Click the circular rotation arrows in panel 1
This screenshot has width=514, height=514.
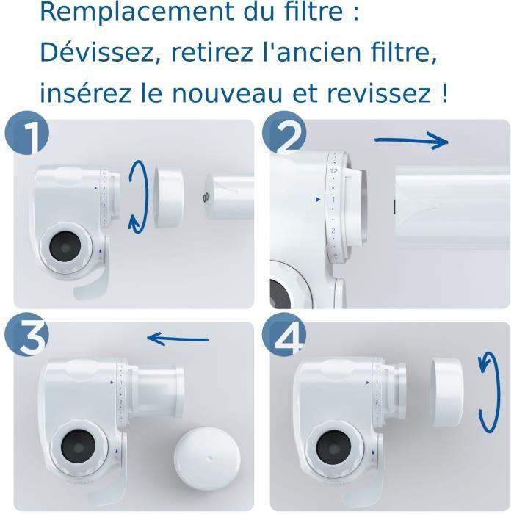point(138,196)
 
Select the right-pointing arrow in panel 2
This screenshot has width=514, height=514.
point(411,141)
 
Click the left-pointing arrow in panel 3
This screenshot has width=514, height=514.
point(178,339)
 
